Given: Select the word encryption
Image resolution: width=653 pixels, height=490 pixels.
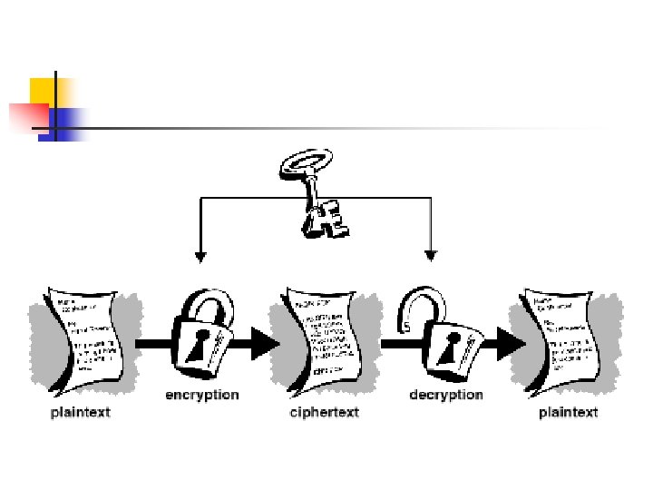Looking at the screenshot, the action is click(201, 395).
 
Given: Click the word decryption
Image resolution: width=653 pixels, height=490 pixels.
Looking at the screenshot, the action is click(446, 395).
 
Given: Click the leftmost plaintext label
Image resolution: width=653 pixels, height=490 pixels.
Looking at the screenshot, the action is click(81, 413).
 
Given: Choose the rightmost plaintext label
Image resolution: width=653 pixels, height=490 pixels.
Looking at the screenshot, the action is click(568, 413).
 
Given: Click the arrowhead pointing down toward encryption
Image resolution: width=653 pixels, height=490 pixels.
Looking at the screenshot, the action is click(200, 256).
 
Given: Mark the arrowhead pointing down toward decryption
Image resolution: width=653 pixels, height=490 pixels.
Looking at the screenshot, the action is click(431, 256).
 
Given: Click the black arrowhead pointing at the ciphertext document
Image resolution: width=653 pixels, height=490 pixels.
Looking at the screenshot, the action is click(265, 343).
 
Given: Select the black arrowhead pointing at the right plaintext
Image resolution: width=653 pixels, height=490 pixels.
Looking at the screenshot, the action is click(511, 343).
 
